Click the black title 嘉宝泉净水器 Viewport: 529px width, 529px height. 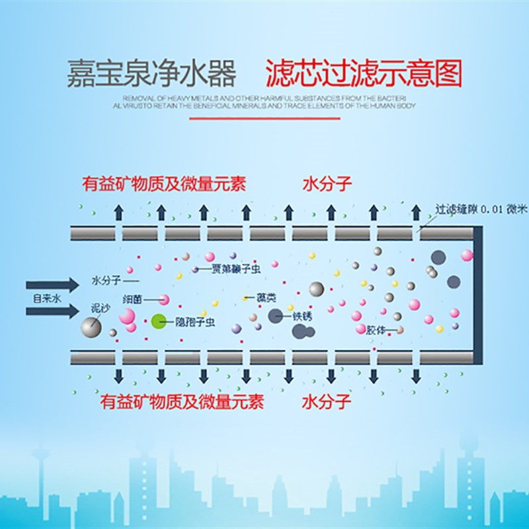click(151, 74)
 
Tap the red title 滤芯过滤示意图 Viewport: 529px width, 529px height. click(363, 73)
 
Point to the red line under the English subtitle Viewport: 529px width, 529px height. click(264, 118)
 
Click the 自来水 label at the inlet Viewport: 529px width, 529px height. click(47, 298)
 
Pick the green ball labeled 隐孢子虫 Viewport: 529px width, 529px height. click(158, 322)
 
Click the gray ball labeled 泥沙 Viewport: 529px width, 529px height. click(91, 326)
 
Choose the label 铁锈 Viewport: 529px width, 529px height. click(301, 315)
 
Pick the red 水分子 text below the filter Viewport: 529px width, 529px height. click(327, 401)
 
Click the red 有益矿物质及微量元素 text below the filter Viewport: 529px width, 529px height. click(182, 401)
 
